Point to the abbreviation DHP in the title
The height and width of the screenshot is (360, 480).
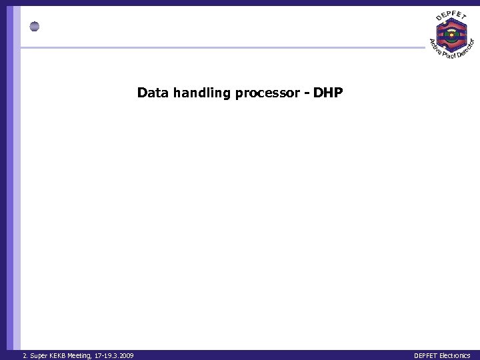coord(328,93)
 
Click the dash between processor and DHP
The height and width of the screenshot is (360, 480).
coord(307,93)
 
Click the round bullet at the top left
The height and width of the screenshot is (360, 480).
coord(35,27)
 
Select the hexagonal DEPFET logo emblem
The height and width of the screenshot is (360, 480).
coord(451,35)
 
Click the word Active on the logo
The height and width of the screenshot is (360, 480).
coord(434,47)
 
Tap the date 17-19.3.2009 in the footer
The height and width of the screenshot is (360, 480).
coord(115,356)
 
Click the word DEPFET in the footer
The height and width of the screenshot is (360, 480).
coord(425,356)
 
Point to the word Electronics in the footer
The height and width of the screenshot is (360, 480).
coord(455,356)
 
